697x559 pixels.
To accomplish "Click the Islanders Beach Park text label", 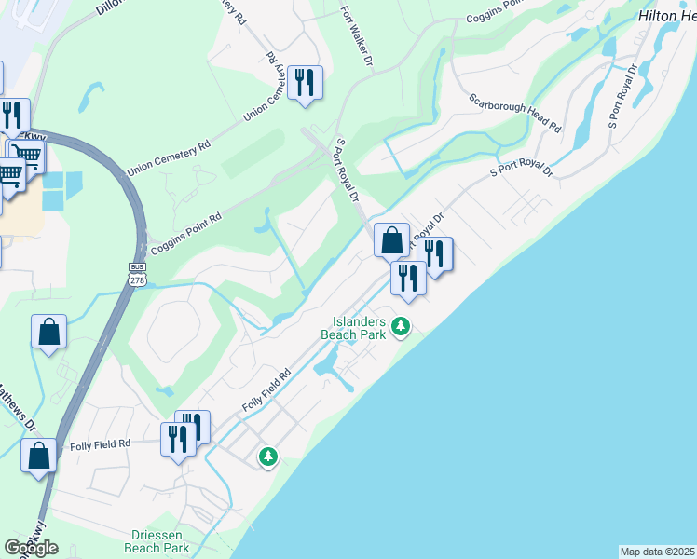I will (x=353, y=327).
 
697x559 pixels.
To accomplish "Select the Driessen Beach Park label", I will (x=157, y=542).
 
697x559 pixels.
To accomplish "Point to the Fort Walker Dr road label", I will (x=359, y=36).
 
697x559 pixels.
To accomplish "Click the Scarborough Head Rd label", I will (x=515, y=113).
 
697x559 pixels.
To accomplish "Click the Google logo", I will (x=31, y=548).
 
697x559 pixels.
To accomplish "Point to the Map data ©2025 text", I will (x=657, y=552).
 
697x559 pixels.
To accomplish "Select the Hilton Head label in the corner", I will (x=666, y=17).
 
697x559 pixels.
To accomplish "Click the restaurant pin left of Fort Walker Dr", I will (x=305, y=83).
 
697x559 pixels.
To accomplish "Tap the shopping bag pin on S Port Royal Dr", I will (x=392, y=240).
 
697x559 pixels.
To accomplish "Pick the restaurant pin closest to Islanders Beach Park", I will (x=408, y=277).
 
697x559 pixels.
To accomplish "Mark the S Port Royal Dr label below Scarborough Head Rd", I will (x=521, y=172).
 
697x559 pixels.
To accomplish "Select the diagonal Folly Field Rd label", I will (x=266, y=390).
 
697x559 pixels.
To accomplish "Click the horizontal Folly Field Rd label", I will (x=98, y=445).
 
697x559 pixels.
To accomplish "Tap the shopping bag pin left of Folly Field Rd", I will (x=39, y=456).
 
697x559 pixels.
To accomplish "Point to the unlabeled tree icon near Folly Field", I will (x=268, y=457).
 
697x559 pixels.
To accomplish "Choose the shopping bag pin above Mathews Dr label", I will (x=48, y=333).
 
